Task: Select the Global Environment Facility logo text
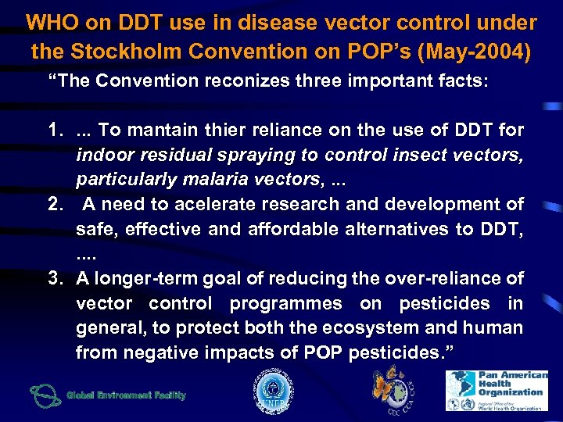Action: (126, 395)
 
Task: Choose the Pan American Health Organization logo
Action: (497, 390)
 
